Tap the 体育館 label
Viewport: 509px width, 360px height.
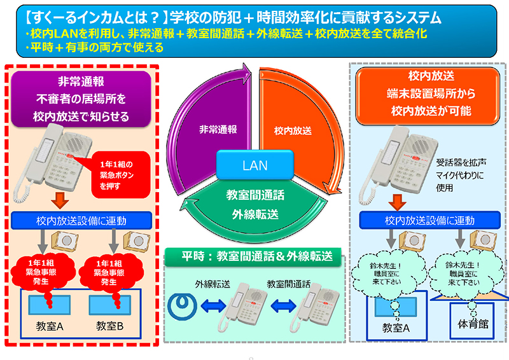[x=471, y=324]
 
